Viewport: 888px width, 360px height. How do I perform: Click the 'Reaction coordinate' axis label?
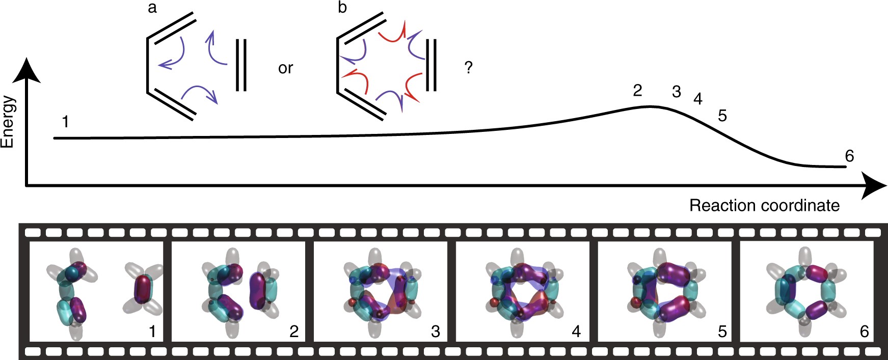[x=764, y=206]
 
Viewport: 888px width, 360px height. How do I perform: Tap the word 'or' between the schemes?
[x=285, y=68]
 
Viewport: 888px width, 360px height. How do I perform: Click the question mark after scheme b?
[x=469, y=67]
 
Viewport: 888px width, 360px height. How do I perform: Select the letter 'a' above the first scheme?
[x=152, y=9]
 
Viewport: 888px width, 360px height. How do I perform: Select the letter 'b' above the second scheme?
[x=342, y=8]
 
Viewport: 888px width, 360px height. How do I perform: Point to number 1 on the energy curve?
[x=65, y=122]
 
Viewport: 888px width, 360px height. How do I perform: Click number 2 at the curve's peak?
[x=637, y=91]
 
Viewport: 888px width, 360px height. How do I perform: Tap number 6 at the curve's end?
[x=849, y=156]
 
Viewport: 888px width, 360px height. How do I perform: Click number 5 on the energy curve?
[x=722, y=116]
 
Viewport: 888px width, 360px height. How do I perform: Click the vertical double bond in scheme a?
[x=241, y=65]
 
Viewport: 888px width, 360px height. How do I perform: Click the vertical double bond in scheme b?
[x=431, y=65]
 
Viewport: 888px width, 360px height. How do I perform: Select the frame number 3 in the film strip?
[x=435, y=331]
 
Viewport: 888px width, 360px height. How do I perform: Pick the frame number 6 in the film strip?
[x=864, y=331]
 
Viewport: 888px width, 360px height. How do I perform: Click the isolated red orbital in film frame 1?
[x=143, y=289]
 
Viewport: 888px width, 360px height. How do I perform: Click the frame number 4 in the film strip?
[x=576, y=331]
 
